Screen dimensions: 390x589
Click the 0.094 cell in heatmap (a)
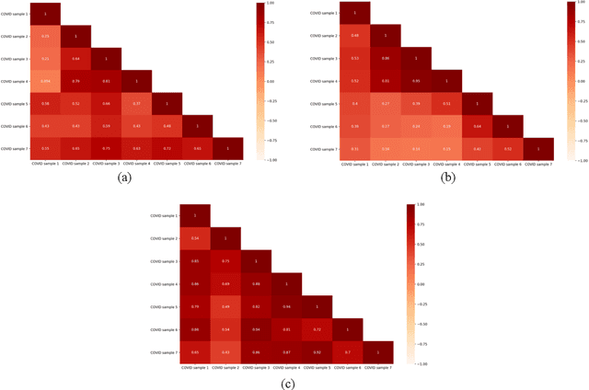point(45,81)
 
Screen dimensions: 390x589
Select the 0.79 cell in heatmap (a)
point(75,81)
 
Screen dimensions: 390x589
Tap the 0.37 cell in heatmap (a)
point(136,103)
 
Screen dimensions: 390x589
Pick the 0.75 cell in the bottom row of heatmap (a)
point(106,147)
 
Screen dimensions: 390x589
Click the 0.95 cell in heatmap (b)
point(415,81)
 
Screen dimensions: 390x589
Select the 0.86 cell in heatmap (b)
point(385,58)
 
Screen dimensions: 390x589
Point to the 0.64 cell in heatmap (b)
point(476,125)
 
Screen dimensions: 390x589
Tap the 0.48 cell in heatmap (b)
point(354,36)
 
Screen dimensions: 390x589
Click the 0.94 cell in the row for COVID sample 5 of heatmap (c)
point(286,306)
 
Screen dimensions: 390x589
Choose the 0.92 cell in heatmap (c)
point(256,306)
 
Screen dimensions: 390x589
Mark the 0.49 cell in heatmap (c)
point(225,306)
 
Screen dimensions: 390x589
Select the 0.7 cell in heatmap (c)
point(347,352)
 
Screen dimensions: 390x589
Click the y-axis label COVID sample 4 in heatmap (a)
point(16,81)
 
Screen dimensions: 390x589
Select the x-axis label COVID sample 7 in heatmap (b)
point(537,164)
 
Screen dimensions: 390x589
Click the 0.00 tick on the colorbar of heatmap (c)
point(422,282)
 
